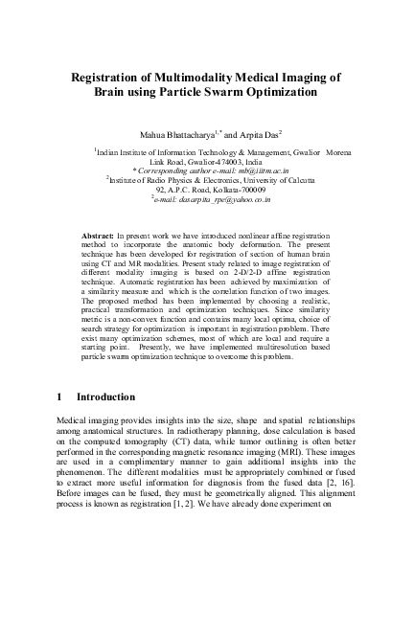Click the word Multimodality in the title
coord(188,76)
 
